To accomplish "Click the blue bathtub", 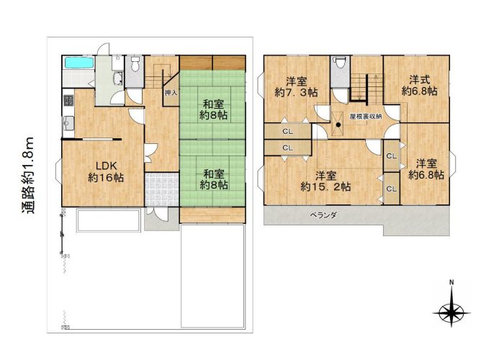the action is (x=79, y=63).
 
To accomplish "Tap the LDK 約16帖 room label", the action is (x=106, y=172).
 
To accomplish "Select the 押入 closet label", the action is (x=171, y=93).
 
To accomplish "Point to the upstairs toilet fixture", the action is (x=339, y=63).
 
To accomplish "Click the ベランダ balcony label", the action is (x=323, y=215).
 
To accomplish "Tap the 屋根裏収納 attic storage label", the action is (x=366, y=117).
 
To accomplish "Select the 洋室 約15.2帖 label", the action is (x=325, y=181).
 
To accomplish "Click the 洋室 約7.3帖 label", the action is (x=296, y=87).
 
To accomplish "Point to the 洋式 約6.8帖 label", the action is (x=419, y=86).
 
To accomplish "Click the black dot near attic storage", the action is (x=338, y=125).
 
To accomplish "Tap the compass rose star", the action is (x=451, y=312).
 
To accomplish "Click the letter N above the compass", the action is (x=451, y=282).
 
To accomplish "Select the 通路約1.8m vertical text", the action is (x=27, y=175).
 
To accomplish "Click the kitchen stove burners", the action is (x=68, y=100).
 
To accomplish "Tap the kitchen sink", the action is (x=68, y=122).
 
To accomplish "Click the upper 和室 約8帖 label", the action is (x=213, y=109).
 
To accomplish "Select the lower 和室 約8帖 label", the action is (x=214, y=179).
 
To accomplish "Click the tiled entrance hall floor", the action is (x=162, y=189).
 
